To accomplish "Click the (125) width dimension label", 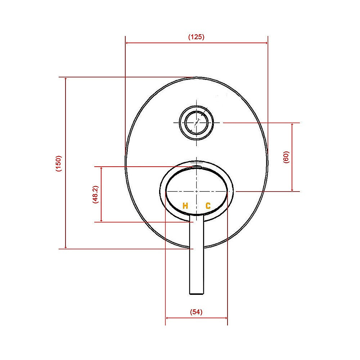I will click(196, 37).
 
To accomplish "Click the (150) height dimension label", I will click(59, 163).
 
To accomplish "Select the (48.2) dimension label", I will click(95, 195).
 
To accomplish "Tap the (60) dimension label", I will click(287, 157).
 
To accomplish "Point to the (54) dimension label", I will click(196, 312).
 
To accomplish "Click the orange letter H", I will click(185, 206).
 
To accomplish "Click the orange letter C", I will click(208, 206).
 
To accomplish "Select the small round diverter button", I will click(197, 122).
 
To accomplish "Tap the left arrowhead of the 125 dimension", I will click(127, 43).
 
